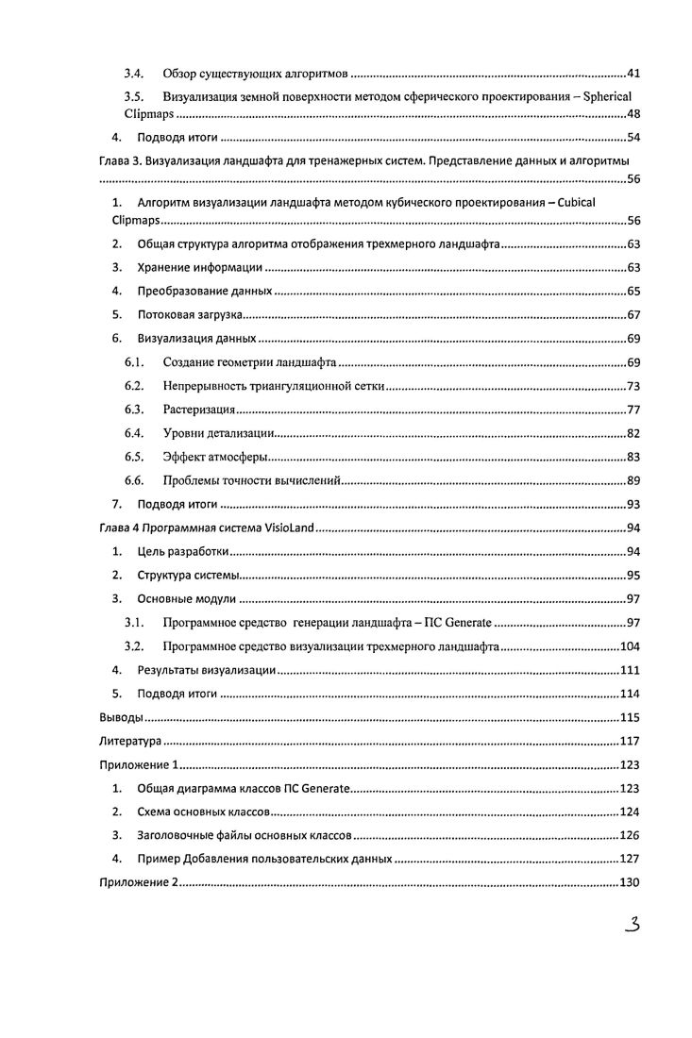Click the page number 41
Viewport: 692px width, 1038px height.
click(633, 73)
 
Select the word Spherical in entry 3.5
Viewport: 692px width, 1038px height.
click(607, 97)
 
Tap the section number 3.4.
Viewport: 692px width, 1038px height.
click(134, 73)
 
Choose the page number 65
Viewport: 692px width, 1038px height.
click(633, 292)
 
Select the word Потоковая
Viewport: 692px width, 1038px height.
click(166, 315)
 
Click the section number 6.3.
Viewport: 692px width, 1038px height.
click(134, 410)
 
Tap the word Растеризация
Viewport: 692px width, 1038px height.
click(197, 410)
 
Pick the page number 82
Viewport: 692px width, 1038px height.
click(633, 434)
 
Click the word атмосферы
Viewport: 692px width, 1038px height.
click(237, 458)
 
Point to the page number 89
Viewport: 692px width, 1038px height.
click(633, 481)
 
